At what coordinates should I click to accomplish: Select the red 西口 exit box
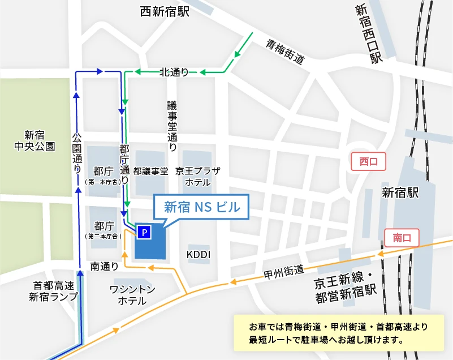click(x=368, y=162)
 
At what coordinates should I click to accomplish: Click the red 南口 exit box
click(x=401, y=238)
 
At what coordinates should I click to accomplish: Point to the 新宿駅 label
click(x=400, y=193)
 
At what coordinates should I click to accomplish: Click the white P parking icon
click(x=144, y=232)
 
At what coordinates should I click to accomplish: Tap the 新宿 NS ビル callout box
click(x=201, y=207)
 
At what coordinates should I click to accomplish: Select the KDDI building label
click(x=199, y=255)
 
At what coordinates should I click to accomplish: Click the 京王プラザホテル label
click(x=197, y=176)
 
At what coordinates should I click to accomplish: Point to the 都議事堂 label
click(x=151, y=170)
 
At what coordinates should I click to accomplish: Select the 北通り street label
click(x=174, y=72)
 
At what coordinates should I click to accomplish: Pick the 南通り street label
click(x=104, y=265)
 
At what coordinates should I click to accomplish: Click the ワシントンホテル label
click(x=132, y=294)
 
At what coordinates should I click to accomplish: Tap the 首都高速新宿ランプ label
click(x=55, y=291)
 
